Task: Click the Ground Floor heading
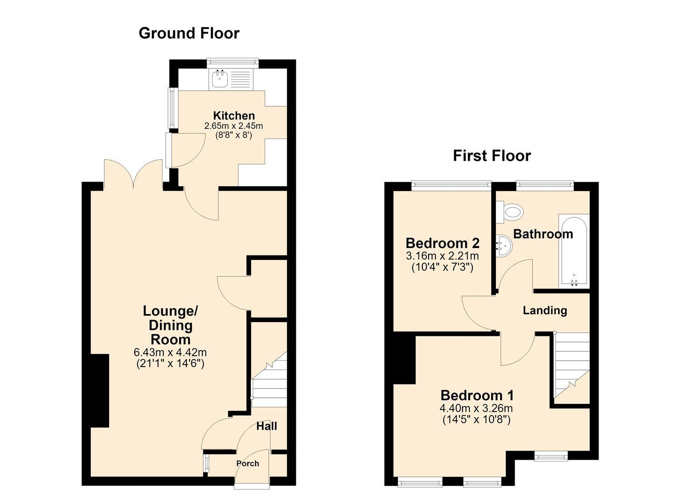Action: tap(189, 33)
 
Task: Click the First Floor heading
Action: tap(492, 156)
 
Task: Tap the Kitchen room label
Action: tap(234, 116)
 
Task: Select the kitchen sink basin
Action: tap(219, 78)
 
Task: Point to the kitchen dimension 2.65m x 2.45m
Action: tap(234, 126)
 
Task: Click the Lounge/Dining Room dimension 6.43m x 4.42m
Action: tap(170, 352)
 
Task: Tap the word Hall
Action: tap(267, 426)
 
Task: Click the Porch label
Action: tap(248, 463)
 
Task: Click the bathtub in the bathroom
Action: tap(574, 251)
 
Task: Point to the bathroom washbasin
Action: tap(503, 246)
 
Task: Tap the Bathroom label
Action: tap(543, 234)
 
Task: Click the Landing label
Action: tap(545, 311)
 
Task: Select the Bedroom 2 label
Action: tap(443, 243)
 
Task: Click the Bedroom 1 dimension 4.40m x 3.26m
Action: tap(476, 408)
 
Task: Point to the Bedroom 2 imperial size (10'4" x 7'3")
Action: tap(443, 267)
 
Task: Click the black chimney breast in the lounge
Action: tap(100, 391)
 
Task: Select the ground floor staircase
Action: tap(270, 379)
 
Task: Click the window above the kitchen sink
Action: tap(233, 62)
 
